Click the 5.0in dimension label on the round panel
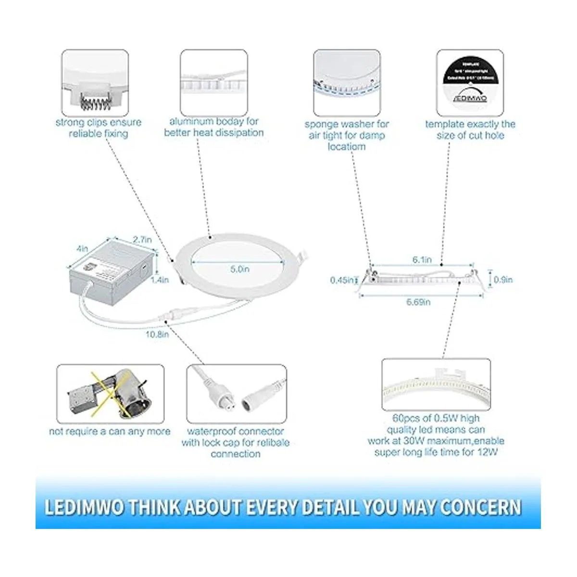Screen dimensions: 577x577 tap(239, 269)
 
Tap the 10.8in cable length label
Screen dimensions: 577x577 tap(157, 334)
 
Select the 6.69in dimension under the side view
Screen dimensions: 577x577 tap(418, 302)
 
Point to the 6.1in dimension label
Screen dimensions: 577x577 tap(422, 260)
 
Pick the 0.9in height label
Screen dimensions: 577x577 tap(503, 279)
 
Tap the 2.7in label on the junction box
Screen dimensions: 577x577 tap(142, 239)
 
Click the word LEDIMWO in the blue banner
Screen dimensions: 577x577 tap(84, 507)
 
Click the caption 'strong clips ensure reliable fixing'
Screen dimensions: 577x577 tap(99, 128)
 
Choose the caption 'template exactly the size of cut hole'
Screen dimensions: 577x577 tap(470, 130)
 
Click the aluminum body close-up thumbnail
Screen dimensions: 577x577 tap(214, 82)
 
